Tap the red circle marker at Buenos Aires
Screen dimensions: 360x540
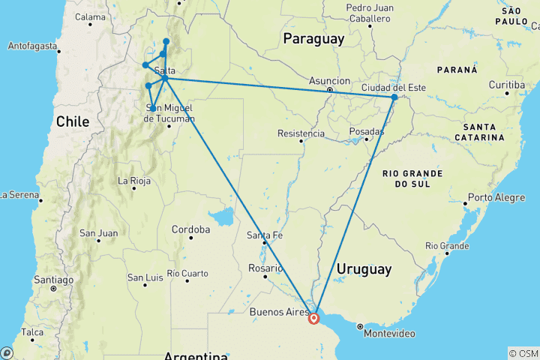314,318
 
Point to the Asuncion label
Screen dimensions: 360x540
329,80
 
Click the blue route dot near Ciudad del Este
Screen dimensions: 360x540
394,97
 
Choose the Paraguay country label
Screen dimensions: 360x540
314,38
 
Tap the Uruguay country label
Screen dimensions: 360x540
364,268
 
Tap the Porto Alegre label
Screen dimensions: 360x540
493,198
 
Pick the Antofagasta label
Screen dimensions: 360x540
32,46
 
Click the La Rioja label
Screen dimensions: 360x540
134,181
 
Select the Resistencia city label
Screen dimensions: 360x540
301,133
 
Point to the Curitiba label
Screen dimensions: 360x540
506,85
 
